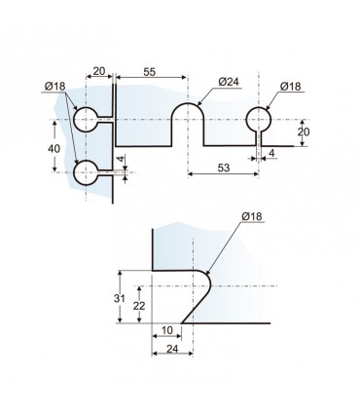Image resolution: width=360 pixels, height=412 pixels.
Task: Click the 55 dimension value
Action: (150, 72)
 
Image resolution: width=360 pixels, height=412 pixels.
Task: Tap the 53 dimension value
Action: (224, 168)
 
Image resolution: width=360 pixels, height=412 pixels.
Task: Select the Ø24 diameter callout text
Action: (229, 82)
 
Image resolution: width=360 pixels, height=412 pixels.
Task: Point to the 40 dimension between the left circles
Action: (54, 149)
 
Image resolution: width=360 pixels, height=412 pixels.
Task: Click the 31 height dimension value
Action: (120, 298)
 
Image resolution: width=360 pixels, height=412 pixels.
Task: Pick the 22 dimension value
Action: (139, 306)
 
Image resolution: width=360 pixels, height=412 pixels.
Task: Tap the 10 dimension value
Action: (167, 330)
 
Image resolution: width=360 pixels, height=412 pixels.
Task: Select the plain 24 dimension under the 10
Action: (172, 349)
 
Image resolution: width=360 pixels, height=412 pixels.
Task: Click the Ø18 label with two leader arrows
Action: (55, 87)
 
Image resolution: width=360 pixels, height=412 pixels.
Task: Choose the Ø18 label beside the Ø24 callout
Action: (291, 87)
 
